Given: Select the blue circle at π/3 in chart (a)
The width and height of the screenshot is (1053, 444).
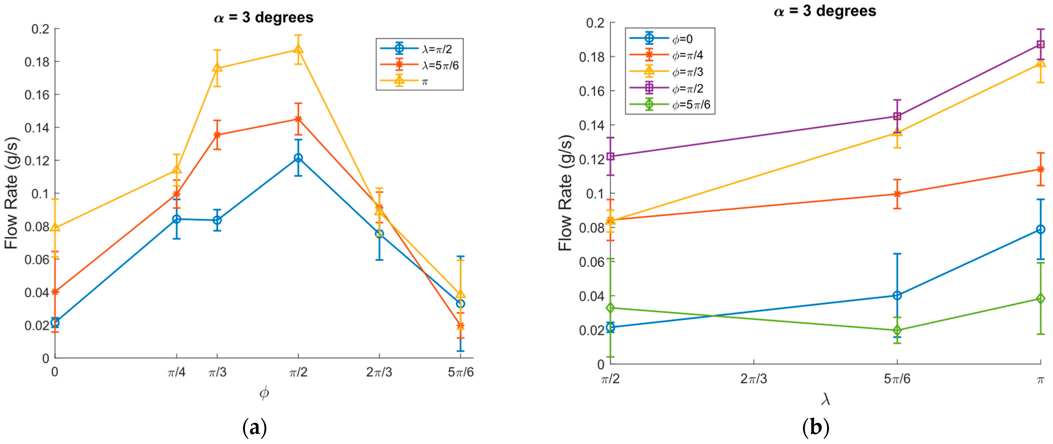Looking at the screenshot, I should coord(217,220).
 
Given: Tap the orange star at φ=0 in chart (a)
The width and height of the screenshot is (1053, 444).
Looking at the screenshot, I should coord(55,292).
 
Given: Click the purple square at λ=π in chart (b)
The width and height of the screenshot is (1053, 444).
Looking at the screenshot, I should coord(1040,44).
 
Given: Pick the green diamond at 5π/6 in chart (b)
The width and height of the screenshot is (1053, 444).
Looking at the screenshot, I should coord(897,330).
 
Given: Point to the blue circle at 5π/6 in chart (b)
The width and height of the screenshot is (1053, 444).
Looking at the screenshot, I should coord(897,295).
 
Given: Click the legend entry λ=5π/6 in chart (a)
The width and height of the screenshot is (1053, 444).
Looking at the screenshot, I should coord(441,65).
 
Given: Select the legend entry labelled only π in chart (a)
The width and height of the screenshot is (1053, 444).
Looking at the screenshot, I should coord(425,81).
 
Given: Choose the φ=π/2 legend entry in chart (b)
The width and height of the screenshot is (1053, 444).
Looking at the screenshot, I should coord(688,88).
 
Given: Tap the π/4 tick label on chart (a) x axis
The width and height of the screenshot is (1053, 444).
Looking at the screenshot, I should coord(177,373).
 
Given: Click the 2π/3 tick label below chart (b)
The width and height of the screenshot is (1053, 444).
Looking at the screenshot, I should coord(753,379).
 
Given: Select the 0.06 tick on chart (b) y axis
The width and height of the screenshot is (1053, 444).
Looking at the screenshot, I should coord(592,262).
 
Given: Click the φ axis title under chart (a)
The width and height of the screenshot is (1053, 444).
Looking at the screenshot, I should coord(264,393).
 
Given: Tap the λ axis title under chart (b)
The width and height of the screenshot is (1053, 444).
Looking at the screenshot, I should coord(825,399).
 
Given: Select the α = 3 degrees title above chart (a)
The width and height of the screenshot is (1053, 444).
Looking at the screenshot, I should coord(264,18).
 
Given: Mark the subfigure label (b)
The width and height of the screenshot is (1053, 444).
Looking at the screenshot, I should coord(816,428).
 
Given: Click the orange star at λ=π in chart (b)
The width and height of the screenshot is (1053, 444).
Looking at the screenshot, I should coord(1040,169).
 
